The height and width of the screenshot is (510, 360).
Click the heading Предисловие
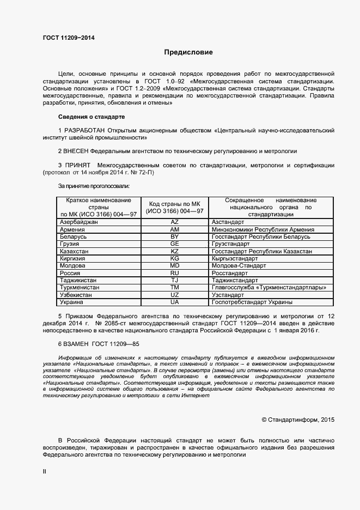tap(188, 52)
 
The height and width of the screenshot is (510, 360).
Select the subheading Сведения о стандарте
tap(91, 117)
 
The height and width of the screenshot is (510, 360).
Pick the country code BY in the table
tap(175, 237)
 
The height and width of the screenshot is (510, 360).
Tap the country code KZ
tap(175, 251)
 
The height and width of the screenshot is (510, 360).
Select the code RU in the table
tap(175, 272)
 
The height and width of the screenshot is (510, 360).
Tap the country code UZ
tap(175, 294)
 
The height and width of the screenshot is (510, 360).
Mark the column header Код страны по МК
tap(175, 204)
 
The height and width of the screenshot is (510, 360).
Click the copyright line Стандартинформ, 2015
tap(298, 420)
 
